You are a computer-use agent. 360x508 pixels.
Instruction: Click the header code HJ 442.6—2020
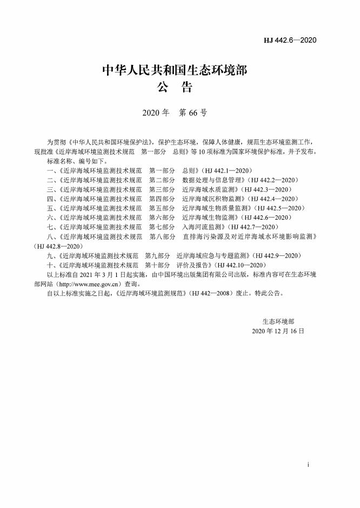pyautogui.click(x=290, y=41)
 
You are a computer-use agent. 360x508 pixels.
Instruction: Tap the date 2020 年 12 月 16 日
pyautogui.click(x=278, y=331)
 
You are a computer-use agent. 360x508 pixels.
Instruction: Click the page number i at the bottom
pyautogui.click(x=307, y=465)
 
